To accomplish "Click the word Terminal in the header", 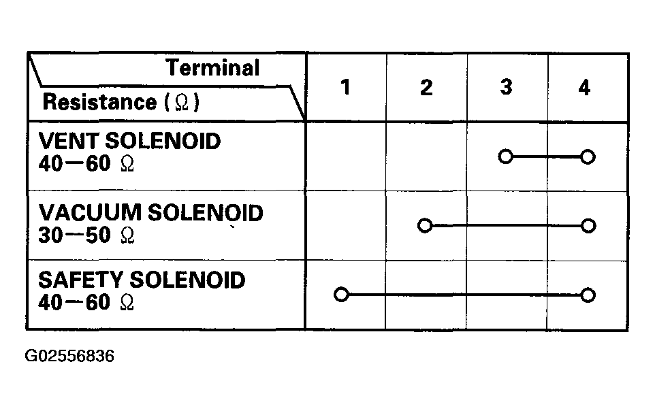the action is click(212, 67).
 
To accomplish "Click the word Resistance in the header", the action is click(99, 101).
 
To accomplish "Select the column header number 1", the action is click(345, 87).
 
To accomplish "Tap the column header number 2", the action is click(426, 87).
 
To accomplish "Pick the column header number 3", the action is click(507, 87).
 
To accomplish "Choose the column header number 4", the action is click(584, 88).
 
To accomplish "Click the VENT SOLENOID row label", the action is click(129, 141).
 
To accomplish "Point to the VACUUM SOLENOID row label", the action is click(150, 212).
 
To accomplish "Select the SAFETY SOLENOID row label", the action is click(142, 280).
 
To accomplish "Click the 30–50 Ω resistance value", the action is click(86, 235).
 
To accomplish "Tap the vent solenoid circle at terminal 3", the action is click(505, 156).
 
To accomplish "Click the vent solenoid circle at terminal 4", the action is click(588, 157).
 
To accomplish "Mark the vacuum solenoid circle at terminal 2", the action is click(425, 225).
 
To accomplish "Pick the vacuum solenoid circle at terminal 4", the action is click(588, 226).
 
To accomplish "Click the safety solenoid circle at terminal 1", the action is click(341, 295).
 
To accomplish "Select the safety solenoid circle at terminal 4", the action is click(588, 295).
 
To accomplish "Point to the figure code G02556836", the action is click(69, 357).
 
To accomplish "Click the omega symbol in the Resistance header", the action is click(182, 102).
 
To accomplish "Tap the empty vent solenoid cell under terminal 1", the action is click(346, 156).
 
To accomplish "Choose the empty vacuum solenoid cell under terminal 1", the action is click(346, 225).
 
